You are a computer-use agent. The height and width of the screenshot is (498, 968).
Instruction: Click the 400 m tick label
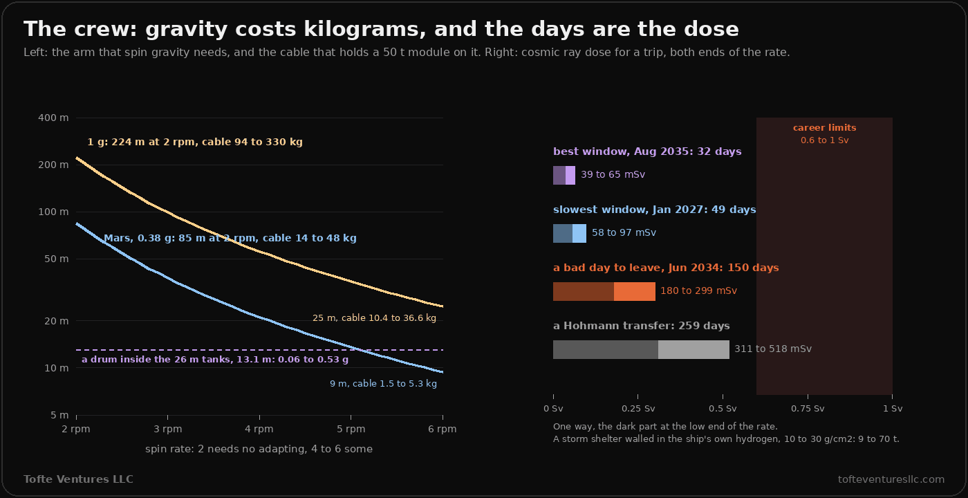[x=53, y=118]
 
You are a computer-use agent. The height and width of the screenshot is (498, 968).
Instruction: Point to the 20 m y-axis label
[x=56, y=321]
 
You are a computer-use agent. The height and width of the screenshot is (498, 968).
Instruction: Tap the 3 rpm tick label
[x=167, y=429]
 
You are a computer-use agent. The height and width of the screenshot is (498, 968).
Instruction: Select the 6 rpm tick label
[x=442, y=429]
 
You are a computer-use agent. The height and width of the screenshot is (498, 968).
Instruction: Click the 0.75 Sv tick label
[x=808, y=409]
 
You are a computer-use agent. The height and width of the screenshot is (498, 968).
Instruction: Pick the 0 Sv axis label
[x=553, y=409]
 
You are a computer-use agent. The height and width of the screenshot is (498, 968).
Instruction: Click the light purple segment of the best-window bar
[x=570, y=176]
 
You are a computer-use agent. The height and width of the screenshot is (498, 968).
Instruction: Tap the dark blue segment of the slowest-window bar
[x=563, y=234]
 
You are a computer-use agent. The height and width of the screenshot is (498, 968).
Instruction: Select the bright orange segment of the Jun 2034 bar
[x=635, y=291]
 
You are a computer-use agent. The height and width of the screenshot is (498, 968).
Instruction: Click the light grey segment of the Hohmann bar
[x=694, y=349]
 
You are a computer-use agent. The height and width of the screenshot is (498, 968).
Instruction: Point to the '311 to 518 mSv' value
[x=773, y=349]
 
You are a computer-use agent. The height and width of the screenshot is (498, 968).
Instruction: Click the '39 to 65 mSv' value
[x=613, y=174]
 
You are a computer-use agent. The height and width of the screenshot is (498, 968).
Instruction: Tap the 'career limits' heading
[x=824, y=127]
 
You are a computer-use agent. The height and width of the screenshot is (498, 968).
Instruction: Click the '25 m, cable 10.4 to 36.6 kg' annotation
[x=374, y=317]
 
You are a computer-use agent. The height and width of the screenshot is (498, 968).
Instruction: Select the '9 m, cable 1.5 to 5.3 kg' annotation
[x=383, y=383]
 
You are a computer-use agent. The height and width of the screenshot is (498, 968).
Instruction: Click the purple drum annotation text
[x=215, y=359]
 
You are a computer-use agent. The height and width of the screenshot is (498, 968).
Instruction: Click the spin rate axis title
[x=259, y=449]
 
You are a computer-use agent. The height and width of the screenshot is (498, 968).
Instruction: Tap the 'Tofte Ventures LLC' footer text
[x=78, y=479]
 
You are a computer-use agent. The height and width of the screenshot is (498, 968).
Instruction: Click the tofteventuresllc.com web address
[x=891, y=479]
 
